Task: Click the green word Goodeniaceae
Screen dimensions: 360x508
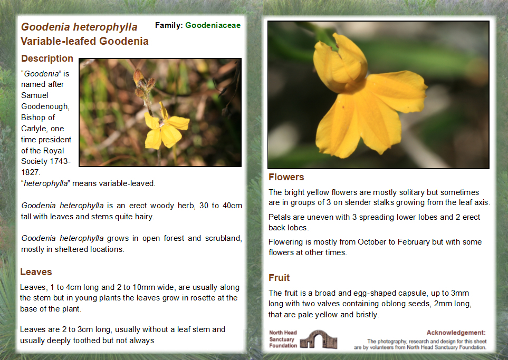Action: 213,25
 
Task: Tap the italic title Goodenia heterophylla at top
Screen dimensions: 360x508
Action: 79,27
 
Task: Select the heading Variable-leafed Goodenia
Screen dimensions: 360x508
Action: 84,41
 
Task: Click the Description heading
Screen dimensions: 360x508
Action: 47,59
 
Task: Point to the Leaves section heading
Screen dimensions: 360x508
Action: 36,272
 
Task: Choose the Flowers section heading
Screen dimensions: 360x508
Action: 286,177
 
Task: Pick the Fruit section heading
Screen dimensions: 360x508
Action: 279,278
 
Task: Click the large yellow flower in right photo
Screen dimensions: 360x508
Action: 364,100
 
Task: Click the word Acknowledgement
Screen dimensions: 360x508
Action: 456,333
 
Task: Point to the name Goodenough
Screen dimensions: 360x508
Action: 45,106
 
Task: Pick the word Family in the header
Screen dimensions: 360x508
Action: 168,25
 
